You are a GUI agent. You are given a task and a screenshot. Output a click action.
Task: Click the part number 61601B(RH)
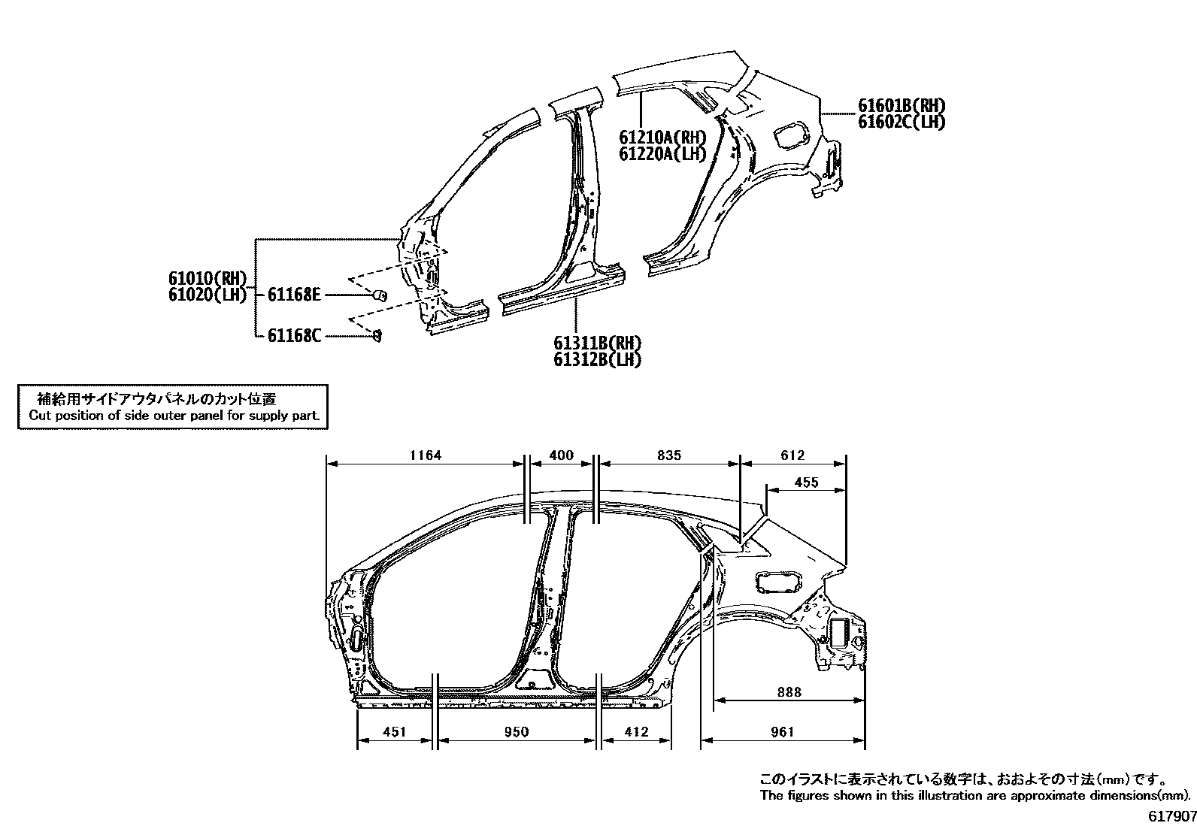point(902,106)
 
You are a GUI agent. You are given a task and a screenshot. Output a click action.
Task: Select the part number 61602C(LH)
point(902,122)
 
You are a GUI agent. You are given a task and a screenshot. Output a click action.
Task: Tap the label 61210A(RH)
point(662,138)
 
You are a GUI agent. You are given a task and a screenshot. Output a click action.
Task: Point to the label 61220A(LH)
point(662,154)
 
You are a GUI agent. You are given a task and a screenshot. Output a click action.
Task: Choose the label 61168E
point(294,295)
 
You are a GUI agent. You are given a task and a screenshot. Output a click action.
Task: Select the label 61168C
point(294,335)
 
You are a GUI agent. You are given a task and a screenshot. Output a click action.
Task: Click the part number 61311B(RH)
point(598,343)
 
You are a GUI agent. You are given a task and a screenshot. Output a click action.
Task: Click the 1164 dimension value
point(425,455)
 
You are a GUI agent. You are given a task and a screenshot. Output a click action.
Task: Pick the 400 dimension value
point(562,455)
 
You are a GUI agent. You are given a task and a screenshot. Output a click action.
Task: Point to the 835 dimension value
point(668,455)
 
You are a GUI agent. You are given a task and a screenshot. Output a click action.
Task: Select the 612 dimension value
point(792,455)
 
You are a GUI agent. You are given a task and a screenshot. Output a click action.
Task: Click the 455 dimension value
point(806,483)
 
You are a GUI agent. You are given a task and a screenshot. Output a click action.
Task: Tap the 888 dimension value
point(789,692)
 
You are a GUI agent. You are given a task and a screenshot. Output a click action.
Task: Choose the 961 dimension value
point(783,732)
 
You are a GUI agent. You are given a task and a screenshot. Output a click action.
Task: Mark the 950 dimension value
point(517,732)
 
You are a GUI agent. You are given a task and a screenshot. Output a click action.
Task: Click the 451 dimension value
point(394,732)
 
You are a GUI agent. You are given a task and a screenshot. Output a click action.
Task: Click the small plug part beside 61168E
point(380,295)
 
